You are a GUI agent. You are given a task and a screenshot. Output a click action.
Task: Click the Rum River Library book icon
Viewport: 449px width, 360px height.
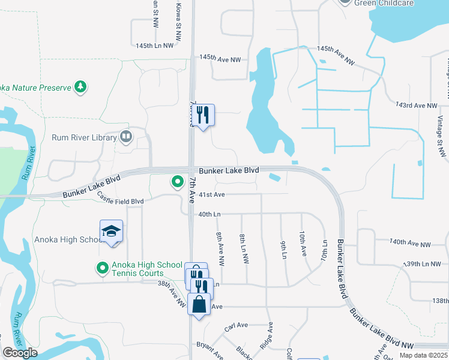click(125, 137)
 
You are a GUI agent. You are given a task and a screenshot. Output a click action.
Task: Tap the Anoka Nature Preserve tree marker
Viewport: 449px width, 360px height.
click(80, 87)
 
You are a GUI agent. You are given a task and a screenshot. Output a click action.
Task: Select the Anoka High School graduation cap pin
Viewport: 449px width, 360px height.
click(112, 232)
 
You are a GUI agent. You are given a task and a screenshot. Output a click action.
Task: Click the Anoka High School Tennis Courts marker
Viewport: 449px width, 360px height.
click(103, 268)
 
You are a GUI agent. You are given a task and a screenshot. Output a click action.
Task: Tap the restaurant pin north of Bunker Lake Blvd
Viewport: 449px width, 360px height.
click(203, 114)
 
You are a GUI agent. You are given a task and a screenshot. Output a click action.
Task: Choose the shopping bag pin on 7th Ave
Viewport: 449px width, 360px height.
click(199, 304)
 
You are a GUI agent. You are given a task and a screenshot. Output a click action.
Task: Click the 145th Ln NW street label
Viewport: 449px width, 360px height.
click(154, 46)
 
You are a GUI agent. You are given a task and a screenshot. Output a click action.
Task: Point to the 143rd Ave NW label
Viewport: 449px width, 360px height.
click(417, 106)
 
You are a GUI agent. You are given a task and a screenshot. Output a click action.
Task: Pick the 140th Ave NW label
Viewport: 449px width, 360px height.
click(410, 244)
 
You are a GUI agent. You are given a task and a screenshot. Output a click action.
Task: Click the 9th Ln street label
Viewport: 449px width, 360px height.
click(283, 250)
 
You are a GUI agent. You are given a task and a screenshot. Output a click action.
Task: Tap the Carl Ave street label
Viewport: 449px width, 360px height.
click(236, 326)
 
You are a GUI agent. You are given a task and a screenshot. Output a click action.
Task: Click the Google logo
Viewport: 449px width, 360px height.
click(20, 353)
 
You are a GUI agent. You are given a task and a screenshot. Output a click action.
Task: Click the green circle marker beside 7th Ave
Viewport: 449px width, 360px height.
click(177, 181)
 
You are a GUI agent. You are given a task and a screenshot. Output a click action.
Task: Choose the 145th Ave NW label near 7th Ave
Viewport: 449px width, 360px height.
click(220, 59)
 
